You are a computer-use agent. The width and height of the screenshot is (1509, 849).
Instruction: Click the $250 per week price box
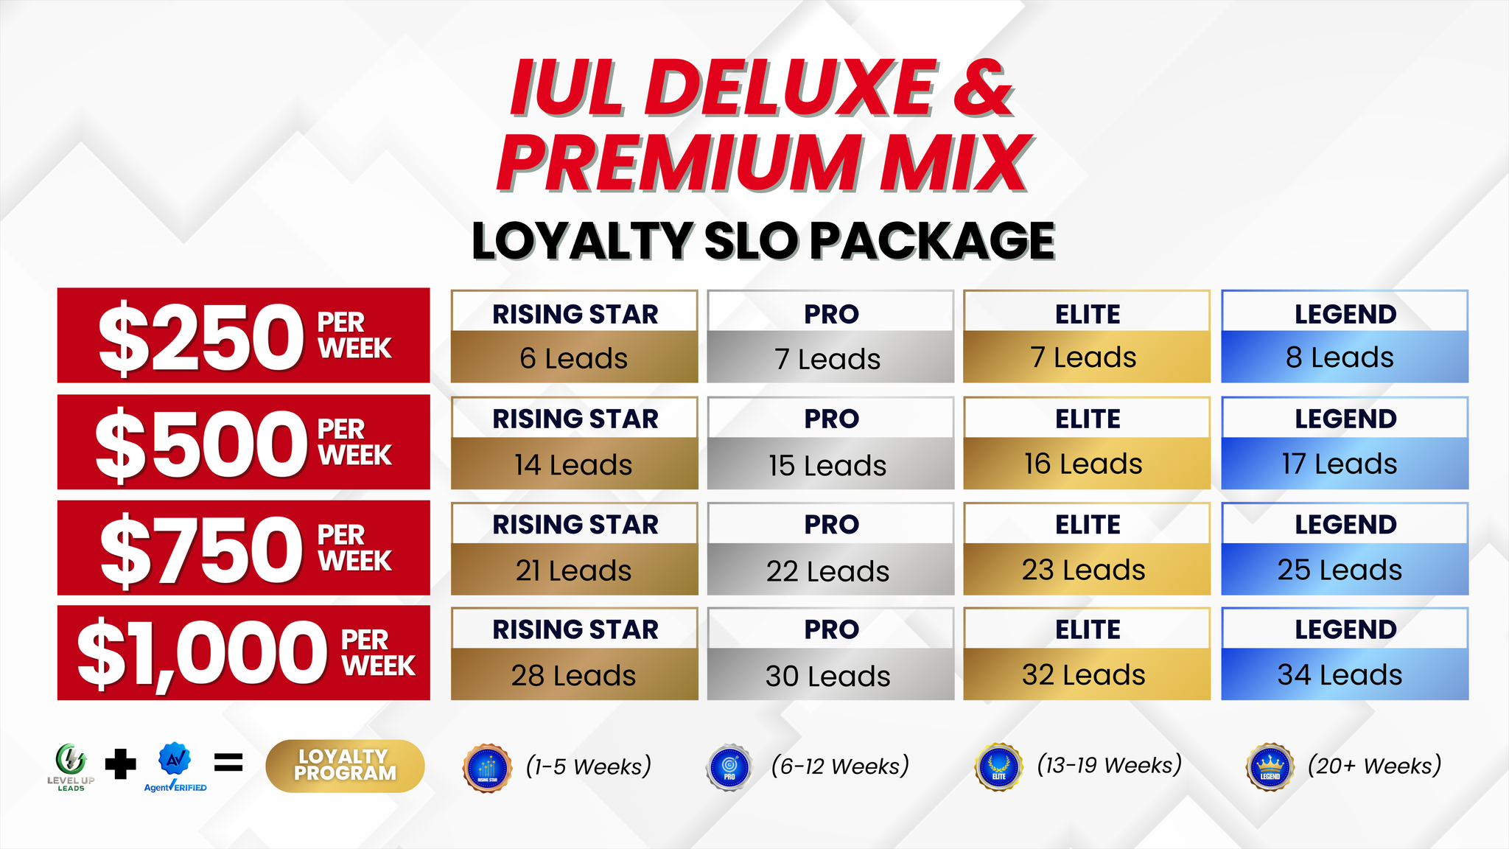pos(243,335)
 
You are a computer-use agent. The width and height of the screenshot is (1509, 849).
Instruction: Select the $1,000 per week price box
pos(243,653)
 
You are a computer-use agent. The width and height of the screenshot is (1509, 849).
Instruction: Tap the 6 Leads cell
pos(574,357)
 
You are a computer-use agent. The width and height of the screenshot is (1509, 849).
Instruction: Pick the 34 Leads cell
pos(1345,674)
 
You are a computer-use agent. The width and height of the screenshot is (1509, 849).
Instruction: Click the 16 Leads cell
pos(1087,464)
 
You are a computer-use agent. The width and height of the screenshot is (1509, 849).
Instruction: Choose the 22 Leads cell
pos(830,569)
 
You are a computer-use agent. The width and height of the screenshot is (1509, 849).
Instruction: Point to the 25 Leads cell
pos(1345,569)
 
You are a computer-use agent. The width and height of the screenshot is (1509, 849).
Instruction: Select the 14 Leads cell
pos(574,464)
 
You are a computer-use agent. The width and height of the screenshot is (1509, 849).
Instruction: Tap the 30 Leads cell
pos(830,674)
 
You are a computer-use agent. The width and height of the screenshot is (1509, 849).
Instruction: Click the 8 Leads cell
pos(1345,357)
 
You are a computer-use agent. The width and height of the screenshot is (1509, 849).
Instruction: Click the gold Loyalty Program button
pos(345,766)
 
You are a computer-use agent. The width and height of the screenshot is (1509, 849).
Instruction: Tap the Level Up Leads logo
pos(71,767)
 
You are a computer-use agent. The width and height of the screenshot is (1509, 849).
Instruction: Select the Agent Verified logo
pos(175,767)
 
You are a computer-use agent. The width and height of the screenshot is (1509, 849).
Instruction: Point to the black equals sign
pos(228,763)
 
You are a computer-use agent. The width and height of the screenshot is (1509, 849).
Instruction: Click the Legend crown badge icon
pos(1270,767)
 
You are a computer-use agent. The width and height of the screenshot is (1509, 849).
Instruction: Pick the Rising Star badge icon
pos(487,768)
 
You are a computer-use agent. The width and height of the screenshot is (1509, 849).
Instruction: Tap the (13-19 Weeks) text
pos(1109,765)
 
